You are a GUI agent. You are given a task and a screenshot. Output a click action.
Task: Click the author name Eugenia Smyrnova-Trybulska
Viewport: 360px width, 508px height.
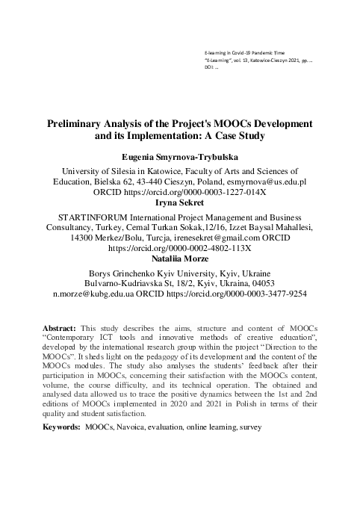180,158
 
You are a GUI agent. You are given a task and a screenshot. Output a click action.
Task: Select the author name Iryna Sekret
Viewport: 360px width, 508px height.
179,202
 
